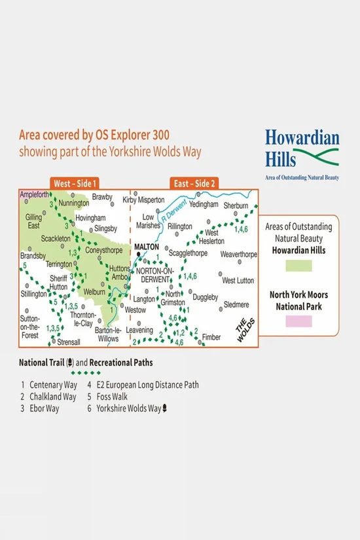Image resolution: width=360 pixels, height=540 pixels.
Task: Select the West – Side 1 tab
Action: pos(76,183)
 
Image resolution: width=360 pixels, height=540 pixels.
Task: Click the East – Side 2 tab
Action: pos(193,183)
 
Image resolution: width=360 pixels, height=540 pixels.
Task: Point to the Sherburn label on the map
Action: pos(236,205)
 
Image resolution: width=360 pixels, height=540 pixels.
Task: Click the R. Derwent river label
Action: pos(175,210)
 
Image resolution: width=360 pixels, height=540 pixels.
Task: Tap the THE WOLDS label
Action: pos(243,330)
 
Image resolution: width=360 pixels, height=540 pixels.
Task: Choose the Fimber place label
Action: pos(211,337)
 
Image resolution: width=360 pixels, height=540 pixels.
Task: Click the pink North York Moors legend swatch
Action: pos(298,321)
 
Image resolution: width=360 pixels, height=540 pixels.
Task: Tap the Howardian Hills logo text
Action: pos(302,148)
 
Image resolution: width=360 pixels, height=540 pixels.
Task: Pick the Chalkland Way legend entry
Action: pos(51,397)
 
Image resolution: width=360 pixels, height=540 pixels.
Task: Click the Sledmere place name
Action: pos(236,304)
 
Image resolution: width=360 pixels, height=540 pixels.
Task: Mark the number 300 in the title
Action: pos(158,135)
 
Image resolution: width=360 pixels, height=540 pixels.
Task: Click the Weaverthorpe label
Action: pos(239,254)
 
